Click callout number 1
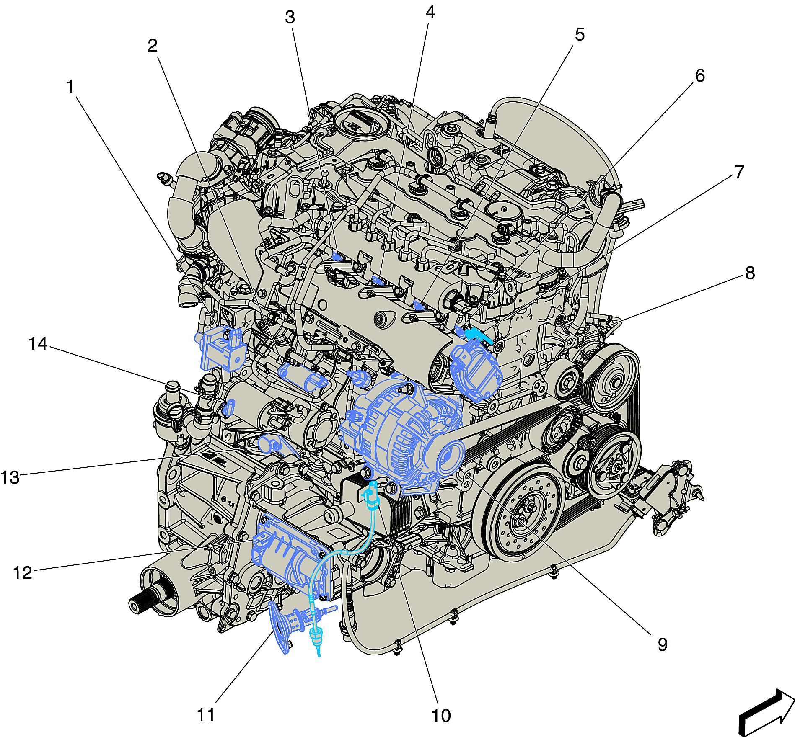point(70,87)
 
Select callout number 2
point(153,45)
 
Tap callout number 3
point(290,18)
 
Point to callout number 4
point(430,13)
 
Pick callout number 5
point(580,34)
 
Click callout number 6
point(700,75)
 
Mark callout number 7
point(739,172)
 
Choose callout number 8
point(750,273)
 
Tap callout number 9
point(663,644)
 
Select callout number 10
point(441,716)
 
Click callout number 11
point(206,715)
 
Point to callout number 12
point(23,573)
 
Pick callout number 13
point(10,477)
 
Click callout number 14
point(38,343)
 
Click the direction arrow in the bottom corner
point(766,712)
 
